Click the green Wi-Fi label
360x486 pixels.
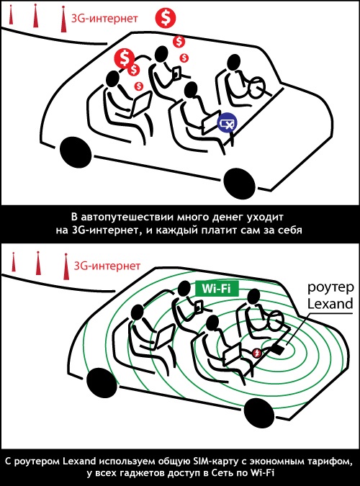click(217, 288)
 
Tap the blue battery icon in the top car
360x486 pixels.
click(227, 123)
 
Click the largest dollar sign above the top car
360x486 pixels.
click(166, 18)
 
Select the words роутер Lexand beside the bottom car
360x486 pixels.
click(330, 295)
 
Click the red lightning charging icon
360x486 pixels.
click(256, 353)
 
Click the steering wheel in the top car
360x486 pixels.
click(257, 87)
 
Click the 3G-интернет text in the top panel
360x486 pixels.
click(104, 18)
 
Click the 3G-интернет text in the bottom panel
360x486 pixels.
click(107, 266)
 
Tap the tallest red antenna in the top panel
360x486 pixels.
click(63, 19)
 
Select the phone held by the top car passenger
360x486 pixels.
click(177, 73)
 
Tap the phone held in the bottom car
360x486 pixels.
click(199, 307)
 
